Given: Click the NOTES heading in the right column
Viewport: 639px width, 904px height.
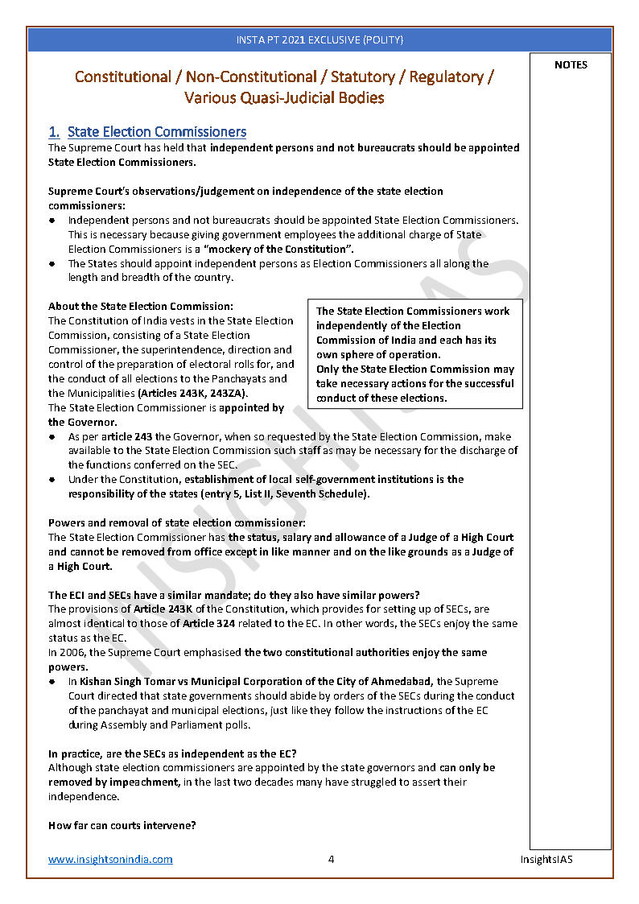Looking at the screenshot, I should tap(571, 65).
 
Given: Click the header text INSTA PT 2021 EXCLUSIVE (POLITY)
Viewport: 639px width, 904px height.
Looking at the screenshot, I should tap(319, 39).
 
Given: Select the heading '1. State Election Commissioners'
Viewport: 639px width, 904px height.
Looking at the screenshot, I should tap(147, 132).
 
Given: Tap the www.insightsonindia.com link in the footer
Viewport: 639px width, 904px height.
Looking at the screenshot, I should tap(110, 859).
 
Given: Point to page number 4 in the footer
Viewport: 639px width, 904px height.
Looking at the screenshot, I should tap(331, 859).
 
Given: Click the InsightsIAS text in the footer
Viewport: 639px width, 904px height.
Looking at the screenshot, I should tap(546, 859).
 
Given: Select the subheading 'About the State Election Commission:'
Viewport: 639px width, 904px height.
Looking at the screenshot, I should tap(141, 307).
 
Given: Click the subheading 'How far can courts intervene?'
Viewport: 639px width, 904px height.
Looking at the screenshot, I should tap(122, 825).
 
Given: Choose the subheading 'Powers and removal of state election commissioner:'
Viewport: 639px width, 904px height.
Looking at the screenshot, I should tap(177, 523).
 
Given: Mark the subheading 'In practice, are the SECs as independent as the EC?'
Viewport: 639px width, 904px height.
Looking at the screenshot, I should tap(172, 753).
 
